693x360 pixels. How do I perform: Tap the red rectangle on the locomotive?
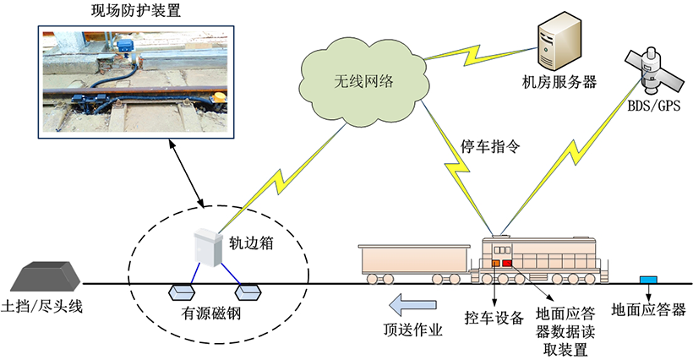tap(507, 264)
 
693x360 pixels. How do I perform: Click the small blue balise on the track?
tap(649, 280)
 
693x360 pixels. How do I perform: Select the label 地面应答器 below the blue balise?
tap(649, 309)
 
